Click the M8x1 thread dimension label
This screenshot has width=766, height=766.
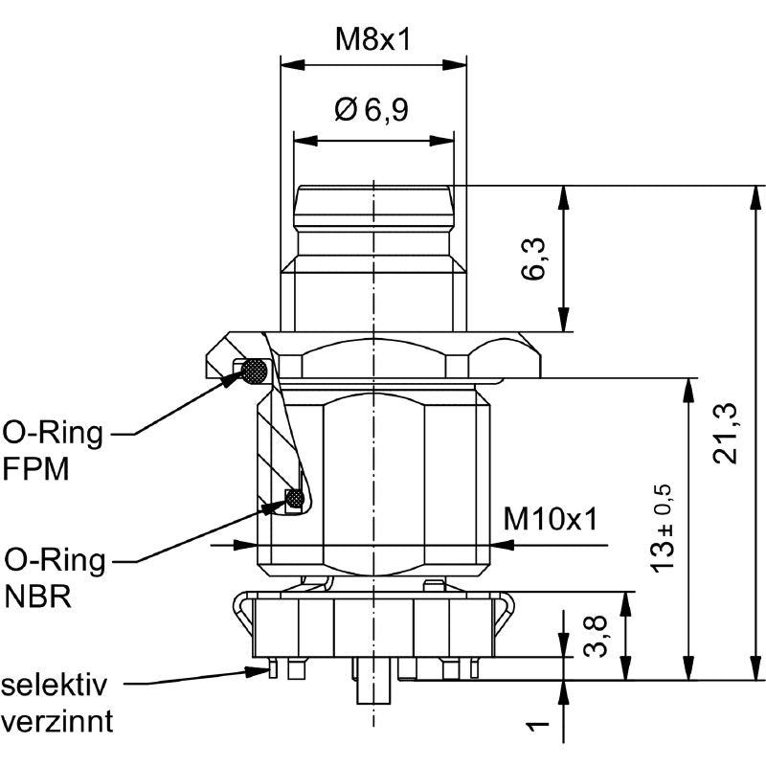click(373, 39)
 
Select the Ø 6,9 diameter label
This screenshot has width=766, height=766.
click(372, 111)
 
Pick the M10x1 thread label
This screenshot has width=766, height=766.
click(551, 520)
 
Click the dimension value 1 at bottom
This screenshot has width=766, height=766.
click(538, 725)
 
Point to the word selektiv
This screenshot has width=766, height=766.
click(55, 686)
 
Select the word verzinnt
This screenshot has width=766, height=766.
click(57, 720)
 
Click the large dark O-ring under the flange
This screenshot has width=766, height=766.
click(255, 371)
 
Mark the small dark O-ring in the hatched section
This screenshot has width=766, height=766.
click(296, 499)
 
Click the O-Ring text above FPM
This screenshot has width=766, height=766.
click(53, 435)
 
